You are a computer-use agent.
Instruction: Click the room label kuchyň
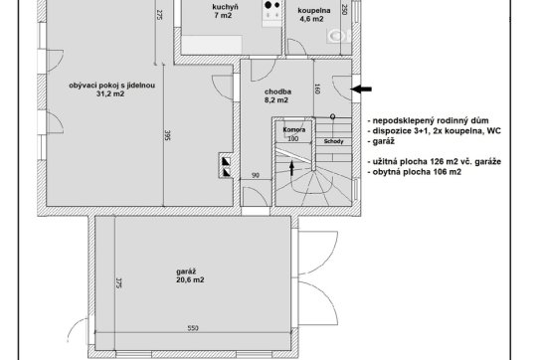click(225, 7)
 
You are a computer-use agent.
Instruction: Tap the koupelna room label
click(314, 10)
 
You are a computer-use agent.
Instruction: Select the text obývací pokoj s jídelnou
click(112, 85)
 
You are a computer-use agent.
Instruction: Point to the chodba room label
click(277, 91)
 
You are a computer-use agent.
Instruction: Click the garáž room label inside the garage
click(186, 271)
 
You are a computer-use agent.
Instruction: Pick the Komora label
click(294, 129)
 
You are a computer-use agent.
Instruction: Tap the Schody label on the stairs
click(333, 141)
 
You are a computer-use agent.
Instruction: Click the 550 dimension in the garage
click(193, 328)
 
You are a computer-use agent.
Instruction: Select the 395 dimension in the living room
click(168, 135)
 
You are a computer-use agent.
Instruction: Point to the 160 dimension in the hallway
click(317, 89)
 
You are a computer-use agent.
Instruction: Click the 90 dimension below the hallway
click(256, 175)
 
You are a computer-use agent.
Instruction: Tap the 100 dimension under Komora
click(293, 138)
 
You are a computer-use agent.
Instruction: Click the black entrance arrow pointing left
click(361, 90)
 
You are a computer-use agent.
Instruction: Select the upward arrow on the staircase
click(291, 168)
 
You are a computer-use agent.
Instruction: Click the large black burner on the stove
click(268, 5)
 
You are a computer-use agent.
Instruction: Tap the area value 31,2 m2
click(110, 93)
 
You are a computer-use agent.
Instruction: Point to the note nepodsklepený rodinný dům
click(428, 120)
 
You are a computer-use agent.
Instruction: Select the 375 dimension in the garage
click(119, 282)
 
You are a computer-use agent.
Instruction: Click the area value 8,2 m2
click(276, 100)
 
